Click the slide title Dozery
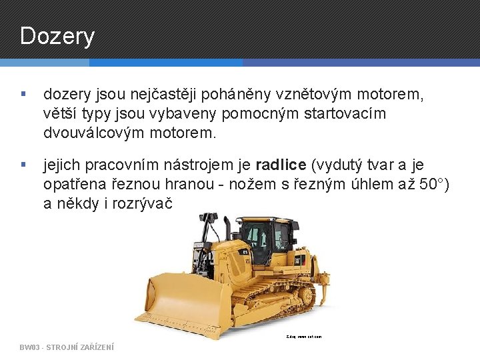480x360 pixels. click(x=57, y=36)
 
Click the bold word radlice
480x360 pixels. click(x=281, y=165)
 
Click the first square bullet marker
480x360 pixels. click(x=24, y=95)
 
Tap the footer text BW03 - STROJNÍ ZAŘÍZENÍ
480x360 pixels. click(x=67, y=347)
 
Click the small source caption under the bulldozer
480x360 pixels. click(x=304, y=337)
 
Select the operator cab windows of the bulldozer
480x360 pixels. click(x=263, y=237)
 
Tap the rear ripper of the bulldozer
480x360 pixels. click(x=319, y=283)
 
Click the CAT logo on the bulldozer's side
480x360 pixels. click(x=299, y=260)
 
